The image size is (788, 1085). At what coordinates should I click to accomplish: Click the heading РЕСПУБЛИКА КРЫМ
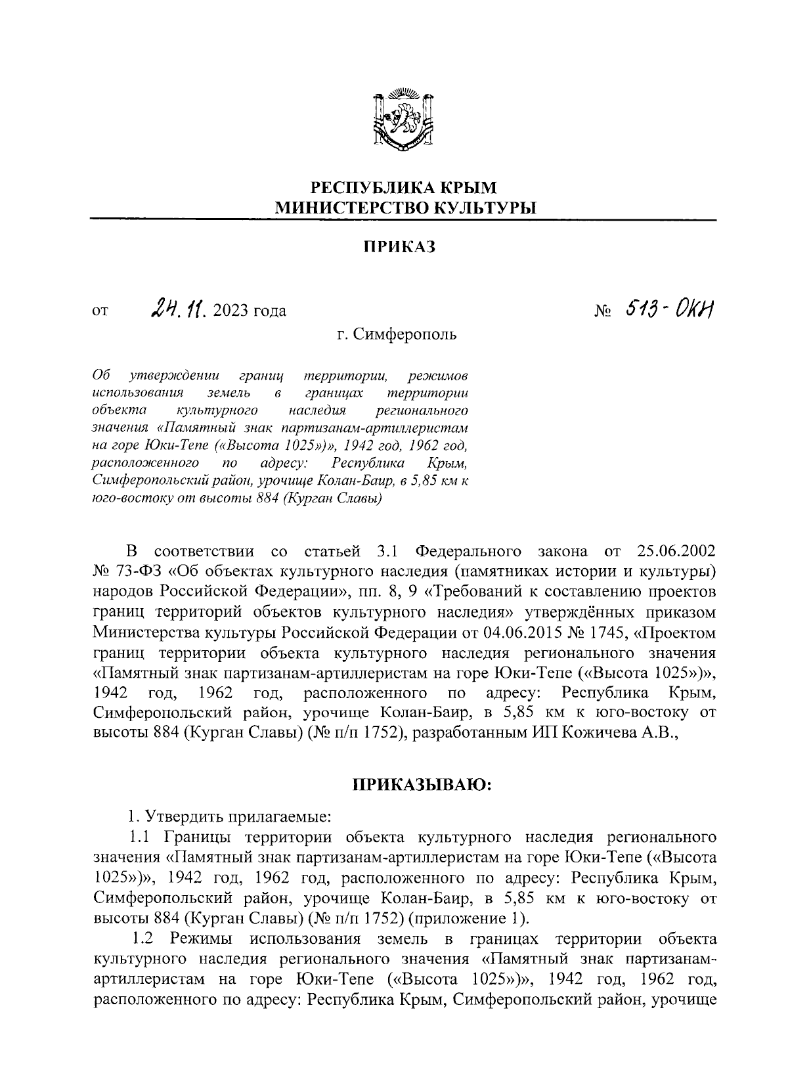pyautogui.click(x=404, y=188)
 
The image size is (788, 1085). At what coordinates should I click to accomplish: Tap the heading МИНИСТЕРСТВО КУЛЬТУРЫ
pyautogui.click(x=405, y=209)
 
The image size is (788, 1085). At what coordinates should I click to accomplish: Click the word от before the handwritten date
pyautogui.click(x=100, y=311)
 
